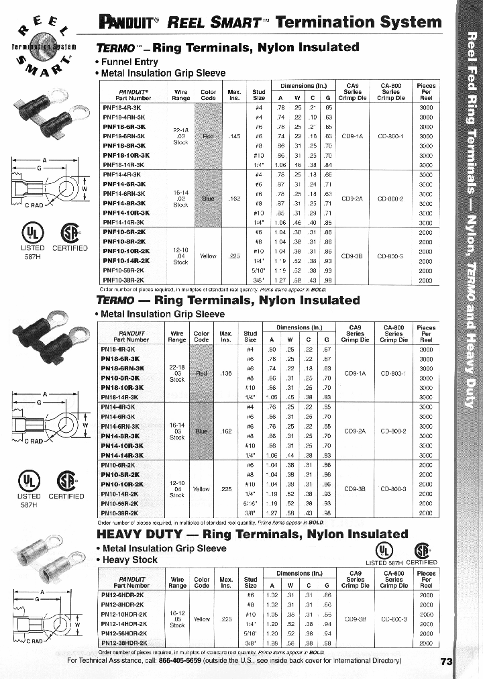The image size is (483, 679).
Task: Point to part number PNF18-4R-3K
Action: coord(123,107)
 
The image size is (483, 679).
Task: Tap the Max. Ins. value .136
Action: coord(226,373)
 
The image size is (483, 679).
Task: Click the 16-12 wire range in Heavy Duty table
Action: coord(177,613)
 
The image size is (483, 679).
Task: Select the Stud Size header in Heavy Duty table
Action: coord(250,582)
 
